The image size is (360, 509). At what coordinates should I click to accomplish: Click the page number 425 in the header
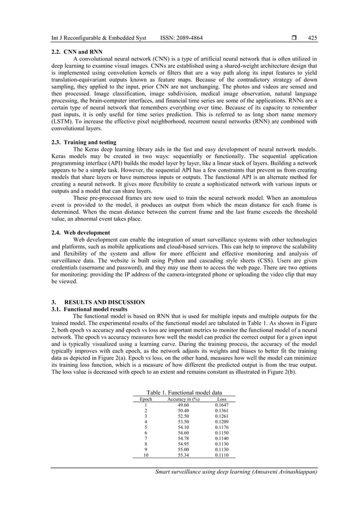312,38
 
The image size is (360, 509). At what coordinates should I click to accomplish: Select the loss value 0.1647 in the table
222,405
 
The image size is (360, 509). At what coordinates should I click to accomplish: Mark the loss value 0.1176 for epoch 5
222,427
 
